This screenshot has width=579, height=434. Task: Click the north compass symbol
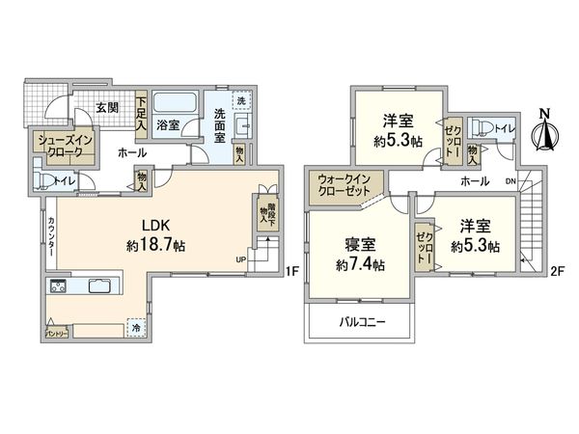(x=543, y=131)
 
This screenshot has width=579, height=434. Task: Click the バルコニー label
(x=362, y=322)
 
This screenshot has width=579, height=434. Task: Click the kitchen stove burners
(x=57, y=285)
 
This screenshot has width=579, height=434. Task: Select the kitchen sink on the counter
(x=100, y=285)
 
